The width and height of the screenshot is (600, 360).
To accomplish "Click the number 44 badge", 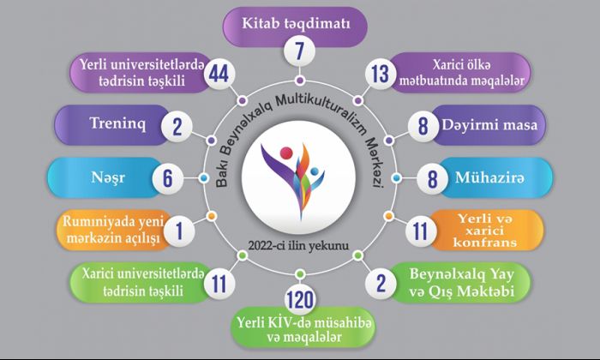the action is (219, 74).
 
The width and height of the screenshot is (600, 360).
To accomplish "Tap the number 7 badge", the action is (300, 51).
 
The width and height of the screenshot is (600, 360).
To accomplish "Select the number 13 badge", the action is (381, 74).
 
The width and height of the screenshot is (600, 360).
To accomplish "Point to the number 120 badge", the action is (300, 299).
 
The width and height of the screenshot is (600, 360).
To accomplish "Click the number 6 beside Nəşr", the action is (168, 178).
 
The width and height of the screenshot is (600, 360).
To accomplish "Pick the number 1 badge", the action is (179, 231).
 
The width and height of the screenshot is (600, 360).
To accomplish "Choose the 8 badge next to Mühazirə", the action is (432, 178).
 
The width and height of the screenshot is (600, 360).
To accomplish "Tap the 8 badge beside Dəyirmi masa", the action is (423, 126).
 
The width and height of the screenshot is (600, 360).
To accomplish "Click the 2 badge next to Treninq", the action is (177, 126).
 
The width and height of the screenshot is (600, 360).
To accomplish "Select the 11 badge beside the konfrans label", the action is (421, 231).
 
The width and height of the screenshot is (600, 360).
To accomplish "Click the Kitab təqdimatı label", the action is (296, 24).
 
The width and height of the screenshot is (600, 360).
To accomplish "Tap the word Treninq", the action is (118, 124).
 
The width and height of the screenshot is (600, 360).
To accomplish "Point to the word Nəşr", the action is (108, 178).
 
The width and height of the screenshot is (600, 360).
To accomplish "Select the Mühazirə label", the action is (489, 177).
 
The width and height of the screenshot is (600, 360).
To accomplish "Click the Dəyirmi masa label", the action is (489, 125).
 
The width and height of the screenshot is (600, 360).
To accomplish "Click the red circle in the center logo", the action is (286, 153).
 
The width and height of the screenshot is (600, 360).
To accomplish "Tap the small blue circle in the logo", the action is (315, 171).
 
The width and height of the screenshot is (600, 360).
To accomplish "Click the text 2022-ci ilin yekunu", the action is (298, 246).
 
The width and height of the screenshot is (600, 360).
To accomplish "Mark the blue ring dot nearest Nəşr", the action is (204, 178).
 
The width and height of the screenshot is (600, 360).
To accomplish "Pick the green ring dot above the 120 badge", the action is (300, 274).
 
